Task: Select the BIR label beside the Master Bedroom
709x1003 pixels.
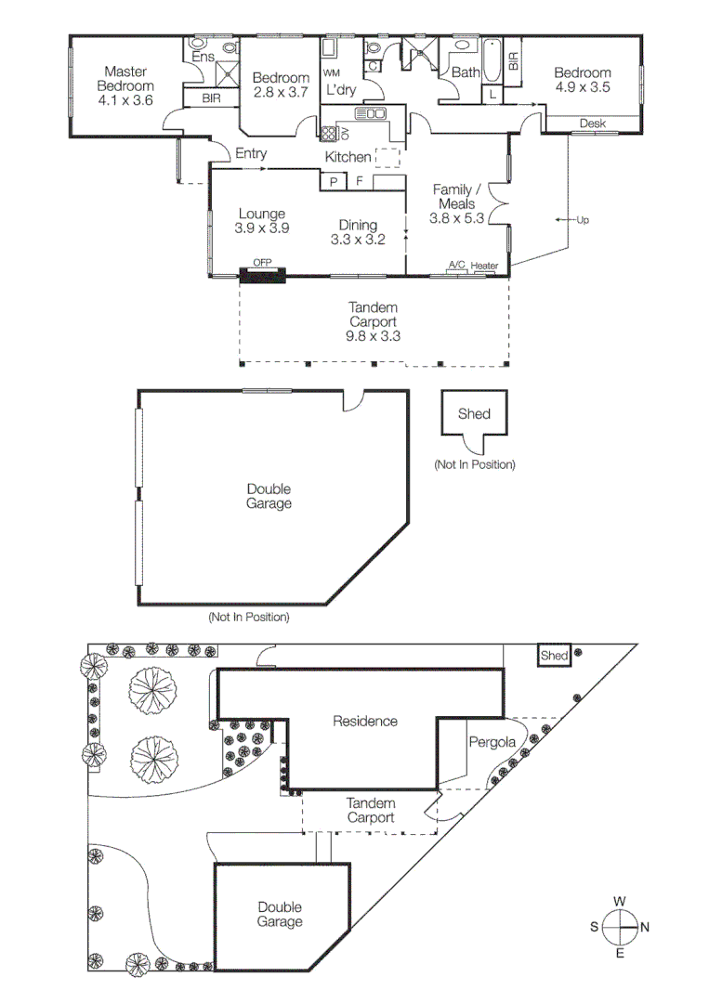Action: coord(211,98)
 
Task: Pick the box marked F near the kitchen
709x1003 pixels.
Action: coord(359,182)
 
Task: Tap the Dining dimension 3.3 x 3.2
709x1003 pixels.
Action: coord(358,239)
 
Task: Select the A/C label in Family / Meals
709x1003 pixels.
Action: coord(456,266)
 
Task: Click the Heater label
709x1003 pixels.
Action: coord(484,267)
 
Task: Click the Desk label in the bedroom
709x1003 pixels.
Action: coord(592,124)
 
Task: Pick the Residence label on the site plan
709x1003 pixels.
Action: coord(365,721)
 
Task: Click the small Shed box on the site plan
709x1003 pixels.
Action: coord(554,656)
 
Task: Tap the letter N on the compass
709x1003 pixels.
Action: coord(645,927)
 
